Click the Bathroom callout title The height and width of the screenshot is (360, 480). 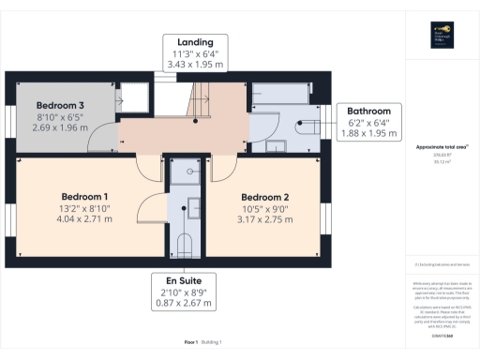pyautogui.click(x=369, y=111)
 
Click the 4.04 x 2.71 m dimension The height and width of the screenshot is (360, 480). pyautogui.click(x=83, y=218)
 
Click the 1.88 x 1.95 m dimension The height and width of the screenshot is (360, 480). pyautogui.click(x=369, y=133)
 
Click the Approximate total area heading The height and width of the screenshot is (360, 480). pyautogui.click(x=441, y=147)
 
